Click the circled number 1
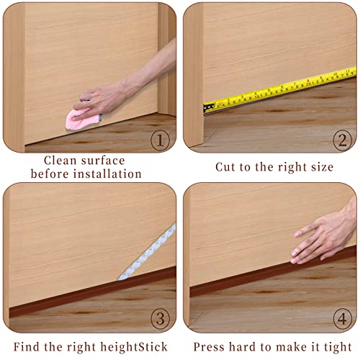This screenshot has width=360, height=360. point(160,140)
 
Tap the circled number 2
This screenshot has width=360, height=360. point(343,140)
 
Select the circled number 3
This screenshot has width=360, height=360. point(160,319)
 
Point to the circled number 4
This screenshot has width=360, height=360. point(343,319)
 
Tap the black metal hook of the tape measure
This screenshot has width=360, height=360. point(209,107)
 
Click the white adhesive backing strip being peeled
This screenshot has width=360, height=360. point(148,252)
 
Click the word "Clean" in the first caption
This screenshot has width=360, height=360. point(60,161)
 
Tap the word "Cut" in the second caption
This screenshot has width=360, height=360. point(225,167)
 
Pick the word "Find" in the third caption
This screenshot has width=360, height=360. point(27,347)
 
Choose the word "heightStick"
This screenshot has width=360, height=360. point(134,347)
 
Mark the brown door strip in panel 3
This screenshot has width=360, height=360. point(93,292)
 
